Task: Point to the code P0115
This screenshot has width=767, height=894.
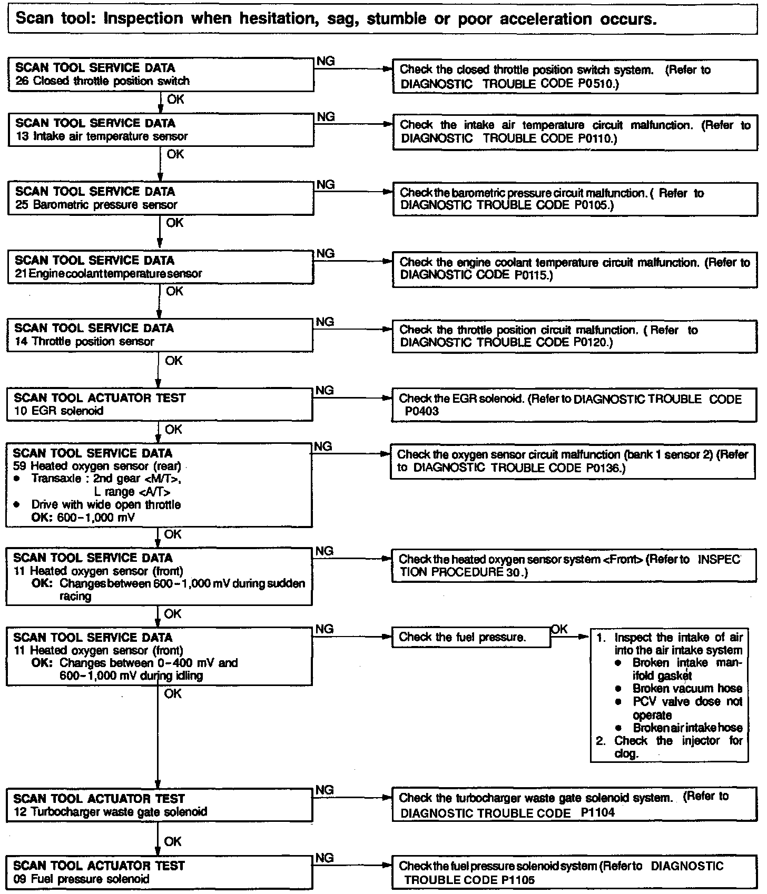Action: (x=533, y=275)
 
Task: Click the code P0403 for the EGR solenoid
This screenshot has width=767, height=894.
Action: (x=422, y=411)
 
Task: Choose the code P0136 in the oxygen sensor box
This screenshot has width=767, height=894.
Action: (x=605, y=468)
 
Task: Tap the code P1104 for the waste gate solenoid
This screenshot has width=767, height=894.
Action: (x=598, y=812)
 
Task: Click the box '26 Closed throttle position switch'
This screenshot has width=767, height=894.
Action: (x=161, y=75)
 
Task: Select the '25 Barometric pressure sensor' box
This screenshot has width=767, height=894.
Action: (x=161, y=198)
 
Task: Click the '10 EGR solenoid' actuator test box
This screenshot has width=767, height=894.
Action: (x=159, y=404)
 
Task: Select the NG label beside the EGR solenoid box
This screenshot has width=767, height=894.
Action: (x=325, y=391)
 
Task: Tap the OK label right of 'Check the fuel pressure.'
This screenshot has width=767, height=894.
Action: (x=559, y=629)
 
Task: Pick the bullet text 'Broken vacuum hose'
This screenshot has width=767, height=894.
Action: (x=687, y=689)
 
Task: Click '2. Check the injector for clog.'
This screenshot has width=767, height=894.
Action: (x=669, y=747)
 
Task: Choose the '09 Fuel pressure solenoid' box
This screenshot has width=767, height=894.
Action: (x=159, y=872)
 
